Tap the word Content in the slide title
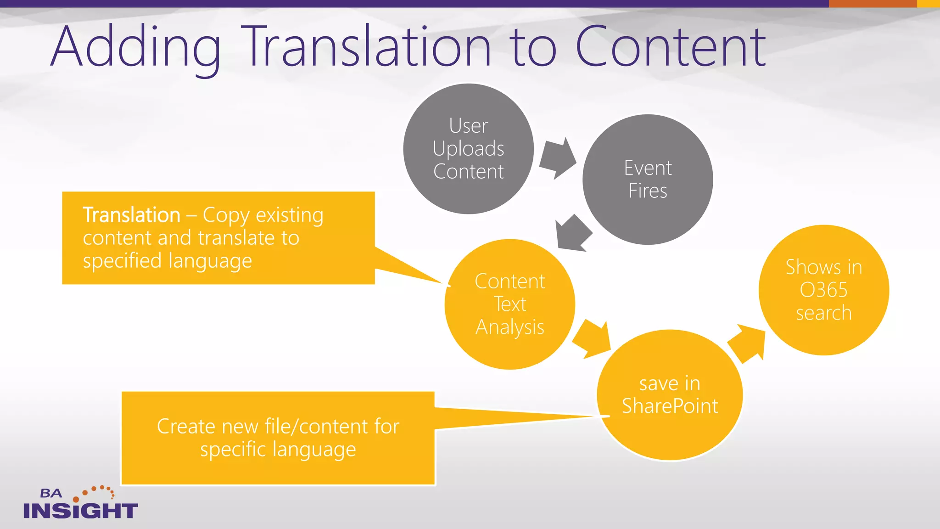670,46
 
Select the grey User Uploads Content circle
468,148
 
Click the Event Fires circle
648,179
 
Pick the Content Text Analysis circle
509,304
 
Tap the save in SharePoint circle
670,395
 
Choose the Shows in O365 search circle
823,290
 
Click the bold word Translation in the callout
132,215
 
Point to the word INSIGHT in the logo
80,511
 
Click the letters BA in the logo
51,494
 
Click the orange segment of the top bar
872,4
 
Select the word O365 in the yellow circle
823,290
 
